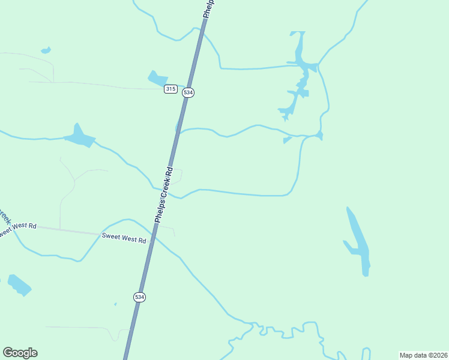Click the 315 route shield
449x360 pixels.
(x=170, y=89)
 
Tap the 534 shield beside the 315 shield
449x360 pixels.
(x=188, y=92)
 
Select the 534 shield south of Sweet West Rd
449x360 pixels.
(x=139, y=297)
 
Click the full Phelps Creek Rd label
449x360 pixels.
(x=164, y=195)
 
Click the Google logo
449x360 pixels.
(x=20, y=353)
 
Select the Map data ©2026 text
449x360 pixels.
(x=423, y=355)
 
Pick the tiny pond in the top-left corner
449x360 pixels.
(x=46, y=50)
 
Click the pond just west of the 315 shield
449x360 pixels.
(x=157, y=79)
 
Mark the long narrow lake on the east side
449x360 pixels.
(x=358, y=240)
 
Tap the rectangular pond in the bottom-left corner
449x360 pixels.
(x=19, y=284)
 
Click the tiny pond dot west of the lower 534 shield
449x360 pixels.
(x=115, y=304)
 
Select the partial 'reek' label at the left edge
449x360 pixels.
(x=4, y=216)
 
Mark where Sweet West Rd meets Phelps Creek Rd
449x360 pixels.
(x=152, y=236)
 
